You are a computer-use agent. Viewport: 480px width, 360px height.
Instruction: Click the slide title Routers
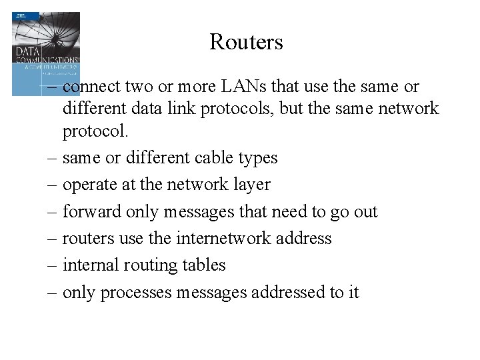click(x=246, y=43)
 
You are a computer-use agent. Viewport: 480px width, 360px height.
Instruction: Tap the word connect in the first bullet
click(x=93, y=87)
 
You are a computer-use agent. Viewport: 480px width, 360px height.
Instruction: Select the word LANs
click(x=243, y=87)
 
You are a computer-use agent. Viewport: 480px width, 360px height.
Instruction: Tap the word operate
click(x=90, y=185)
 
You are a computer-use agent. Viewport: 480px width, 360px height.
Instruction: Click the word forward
click(x=92, y=211)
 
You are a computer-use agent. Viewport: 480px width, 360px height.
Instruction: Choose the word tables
click(x=203, y=265)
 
